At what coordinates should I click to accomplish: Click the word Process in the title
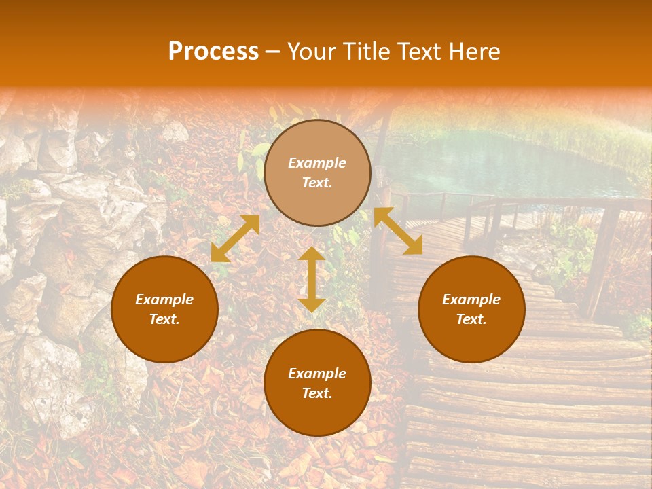click(x=213, y=52)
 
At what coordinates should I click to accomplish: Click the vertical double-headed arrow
click(x=312, y=279)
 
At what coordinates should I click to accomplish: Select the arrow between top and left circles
click(x=235, y=238)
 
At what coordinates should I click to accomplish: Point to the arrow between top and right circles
click(x=398, y=231)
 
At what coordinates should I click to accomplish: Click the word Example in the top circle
click(x=317, y=163)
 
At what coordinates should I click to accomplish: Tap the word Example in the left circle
click(x=164, y=300)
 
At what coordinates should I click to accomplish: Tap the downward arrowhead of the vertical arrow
click(x=312, y=305)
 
